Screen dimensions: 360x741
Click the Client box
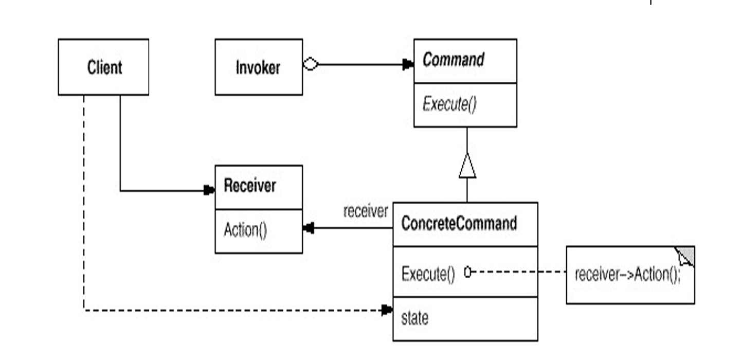click(x=103, y=67)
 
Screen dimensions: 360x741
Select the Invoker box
click(x=258, y=67)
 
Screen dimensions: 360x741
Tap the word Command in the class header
click(x=453, y=60)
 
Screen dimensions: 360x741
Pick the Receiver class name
click(x=249, y=186)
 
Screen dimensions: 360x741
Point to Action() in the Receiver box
click(x=245, y=230)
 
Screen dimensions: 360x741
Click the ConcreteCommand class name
click(x=459, y=224)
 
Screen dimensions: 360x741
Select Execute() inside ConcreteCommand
click(x=428, y=273)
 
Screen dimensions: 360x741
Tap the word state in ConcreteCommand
click(x=414, y=318)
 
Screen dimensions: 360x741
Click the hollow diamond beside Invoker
click(x=311, y=64)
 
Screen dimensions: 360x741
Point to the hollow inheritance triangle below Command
click(x=467, y=166)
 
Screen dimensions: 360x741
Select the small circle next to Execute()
click(x=467, y=271)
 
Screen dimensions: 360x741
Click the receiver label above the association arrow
click(x=366, y=211)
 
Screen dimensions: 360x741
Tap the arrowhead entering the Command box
click(x=408, y=64)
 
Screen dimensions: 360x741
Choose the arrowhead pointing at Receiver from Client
click(x=209, y=191)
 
